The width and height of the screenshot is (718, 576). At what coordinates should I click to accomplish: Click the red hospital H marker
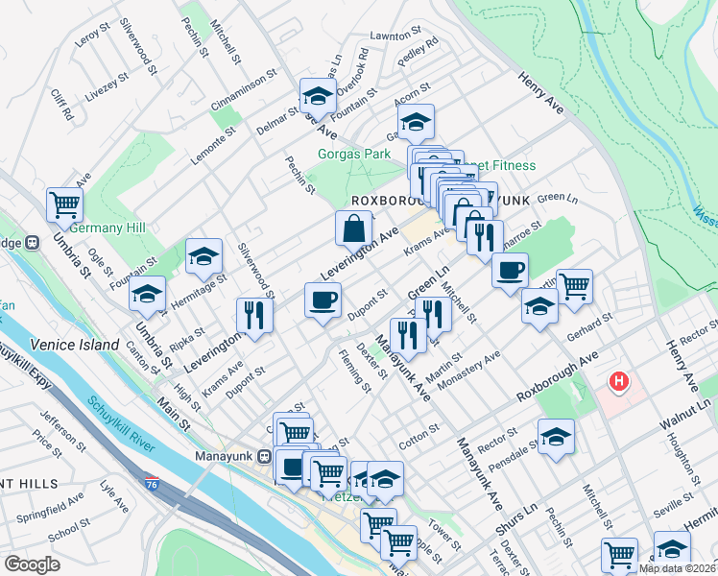pyautogui.click(x=620, y=382)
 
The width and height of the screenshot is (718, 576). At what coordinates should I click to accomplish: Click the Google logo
pyautogui.click(x=32, y=564)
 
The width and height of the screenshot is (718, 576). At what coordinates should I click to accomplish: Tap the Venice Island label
pyautogui.click(x=75, y=345)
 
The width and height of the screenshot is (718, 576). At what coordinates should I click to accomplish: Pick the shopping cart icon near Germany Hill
pyautogui.click(x=65, y=203)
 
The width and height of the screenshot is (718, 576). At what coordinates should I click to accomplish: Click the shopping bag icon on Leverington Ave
pyautogui.click(x=353, y=228)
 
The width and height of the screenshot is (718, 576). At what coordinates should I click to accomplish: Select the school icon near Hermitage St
pyautogui.click(x=203, y=255)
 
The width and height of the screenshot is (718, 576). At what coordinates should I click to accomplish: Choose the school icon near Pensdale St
pyautogui.click(x=556, y=437)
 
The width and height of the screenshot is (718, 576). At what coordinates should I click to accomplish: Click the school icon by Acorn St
pyautogui.click(x=416, y=122)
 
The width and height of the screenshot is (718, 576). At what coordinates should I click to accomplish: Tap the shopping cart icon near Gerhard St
pyautogui.click(x=574, y=285)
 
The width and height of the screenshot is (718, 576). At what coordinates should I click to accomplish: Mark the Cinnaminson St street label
pyautogui.click(x=243, y=85)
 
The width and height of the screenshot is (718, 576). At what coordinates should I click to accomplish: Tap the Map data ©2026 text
pyautogui.click(x=677, y=568)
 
